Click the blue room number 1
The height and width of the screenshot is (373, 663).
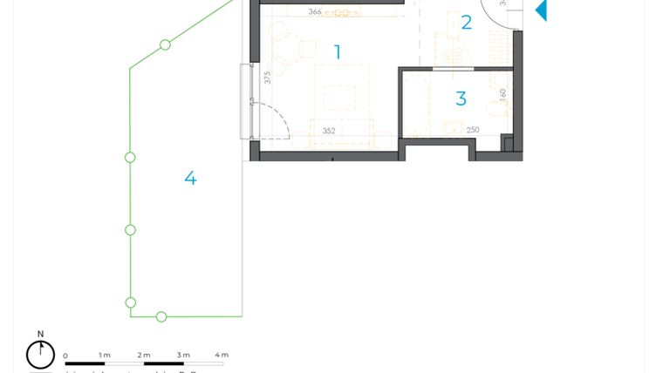click(x=337, y=52)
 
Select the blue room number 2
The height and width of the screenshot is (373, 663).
click(x=466, y=23)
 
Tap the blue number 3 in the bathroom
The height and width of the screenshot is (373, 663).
click(x=461, y=99)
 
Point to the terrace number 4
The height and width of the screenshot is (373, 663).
click(x=190, y=179)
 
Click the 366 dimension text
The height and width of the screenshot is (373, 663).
click(x=315, y=12)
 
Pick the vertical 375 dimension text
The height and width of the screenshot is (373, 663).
click(x=268, y=78)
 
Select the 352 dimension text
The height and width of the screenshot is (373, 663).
click(x=329, y=132)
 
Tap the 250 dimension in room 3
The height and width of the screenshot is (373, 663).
click(x=473, y=131)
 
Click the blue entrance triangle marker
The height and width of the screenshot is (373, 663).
click(x=541, y=10)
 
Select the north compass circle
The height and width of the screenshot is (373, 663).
click(x=40, y=355)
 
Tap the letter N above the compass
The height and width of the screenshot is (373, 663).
click(x=40, y=334)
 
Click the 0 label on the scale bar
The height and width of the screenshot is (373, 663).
click(x=65, y=356)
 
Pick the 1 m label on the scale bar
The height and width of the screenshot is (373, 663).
click(x=105, y=356)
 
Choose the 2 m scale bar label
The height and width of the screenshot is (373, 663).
click(x=144, y=356)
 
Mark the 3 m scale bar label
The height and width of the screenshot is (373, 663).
click(x=183, y=356)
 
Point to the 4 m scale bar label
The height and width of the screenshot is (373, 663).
click(x=222, y=356)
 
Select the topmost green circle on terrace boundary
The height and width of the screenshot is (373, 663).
click(x=165, y=44)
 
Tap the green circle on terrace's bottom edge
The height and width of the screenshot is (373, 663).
click(x=161, y=316)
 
